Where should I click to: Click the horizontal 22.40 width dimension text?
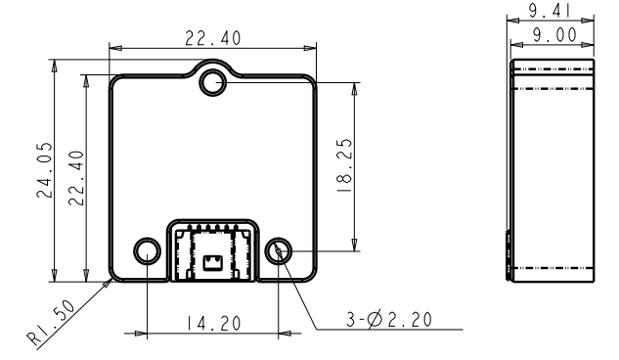click(x=213, y=38)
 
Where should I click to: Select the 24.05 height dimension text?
click(x=44, y=170)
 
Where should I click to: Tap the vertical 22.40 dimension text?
click(x=76, y=178)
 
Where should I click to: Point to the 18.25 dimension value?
click(x=344, y=165)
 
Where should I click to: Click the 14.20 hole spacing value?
click(x=213, y=323)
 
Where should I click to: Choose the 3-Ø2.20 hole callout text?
click(x=389, y=319)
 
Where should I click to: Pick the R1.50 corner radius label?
click(x=51, y=323)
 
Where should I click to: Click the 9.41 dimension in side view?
click(x=550, y=11)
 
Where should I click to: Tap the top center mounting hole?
click(x=213, y=83)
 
